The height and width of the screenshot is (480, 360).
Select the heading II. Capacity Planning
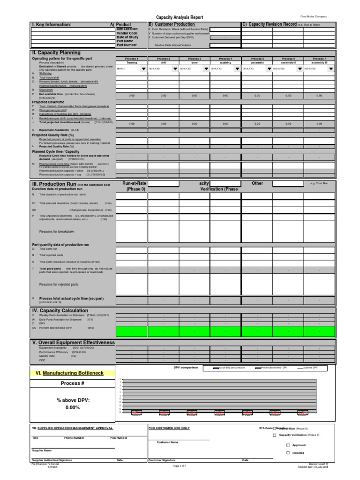tap(56, 53)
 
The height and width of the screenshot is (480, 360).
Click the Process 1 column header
tap(132, 59)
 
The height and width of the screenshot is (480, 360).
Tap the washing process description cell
tap(225, 62)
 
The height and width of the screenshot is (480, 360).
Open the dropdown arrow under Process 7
tap(331, 68)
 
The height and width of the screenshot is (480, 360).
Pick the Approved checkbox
tap(288, 445)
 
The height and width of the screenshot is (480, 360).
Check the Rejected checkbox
tap(288, 453)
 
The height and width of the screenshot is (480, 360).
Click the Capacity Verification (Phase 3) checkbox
tap(274, 435)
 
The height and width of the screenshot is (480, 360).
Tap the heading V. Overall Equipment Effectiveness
tap(73, 342)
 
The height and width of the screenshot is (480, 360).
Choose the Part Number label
tap(127, 45)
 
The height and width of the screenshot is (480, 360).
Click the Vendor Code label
tap(127, 33)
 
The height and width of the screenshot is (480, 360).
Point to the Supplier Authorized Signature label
tap(52, 460)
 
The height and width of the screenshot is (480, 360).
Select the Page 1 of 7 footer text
tap(180, 466)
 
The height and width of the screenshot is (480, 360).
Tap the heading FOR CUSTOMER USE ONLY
tap(169, 428)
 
